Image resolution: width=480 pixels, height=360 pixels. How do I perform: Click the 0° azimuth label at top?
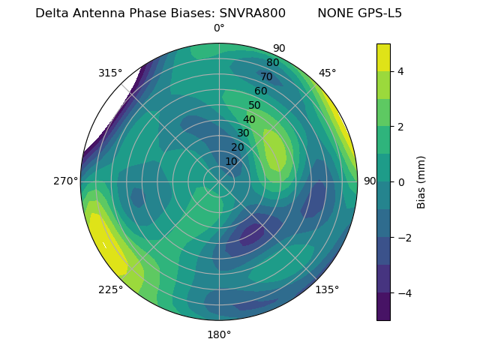click(219, 28)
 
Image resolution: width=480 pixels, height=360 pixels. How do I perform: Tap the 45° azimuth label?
click(328, 73)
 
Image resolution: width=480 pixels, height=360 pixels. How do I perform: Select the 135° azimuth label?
click(327, 290)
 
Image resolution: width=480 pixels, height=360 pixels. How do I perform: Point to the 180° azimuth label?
click(219, 334)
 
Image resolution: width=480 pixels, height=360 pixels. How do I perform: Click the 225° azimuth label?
click(110, 290)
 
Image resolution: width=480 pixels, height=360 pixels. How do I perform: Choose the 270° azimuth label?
click(66, 181)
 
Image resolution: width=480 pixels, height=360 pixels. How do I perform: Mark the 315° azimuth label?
click(110, 73)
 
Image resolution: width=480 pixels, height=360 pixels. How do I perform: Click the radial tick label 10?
click(231, 162)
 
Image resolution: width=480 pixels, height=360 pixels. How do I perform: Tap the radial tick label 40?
click(249, 120)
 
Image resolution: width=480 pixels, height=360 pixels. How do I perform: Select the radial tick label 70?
click(266, 76)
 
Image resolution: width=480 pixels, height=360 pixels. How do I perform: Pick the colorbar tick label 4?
click(401, 71)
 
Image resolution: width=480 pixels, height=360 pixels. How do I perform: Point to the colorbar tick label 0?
click(401, 181)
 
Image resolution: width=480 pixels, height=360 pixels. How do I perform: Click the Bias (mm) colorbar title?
click(421, 181)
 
